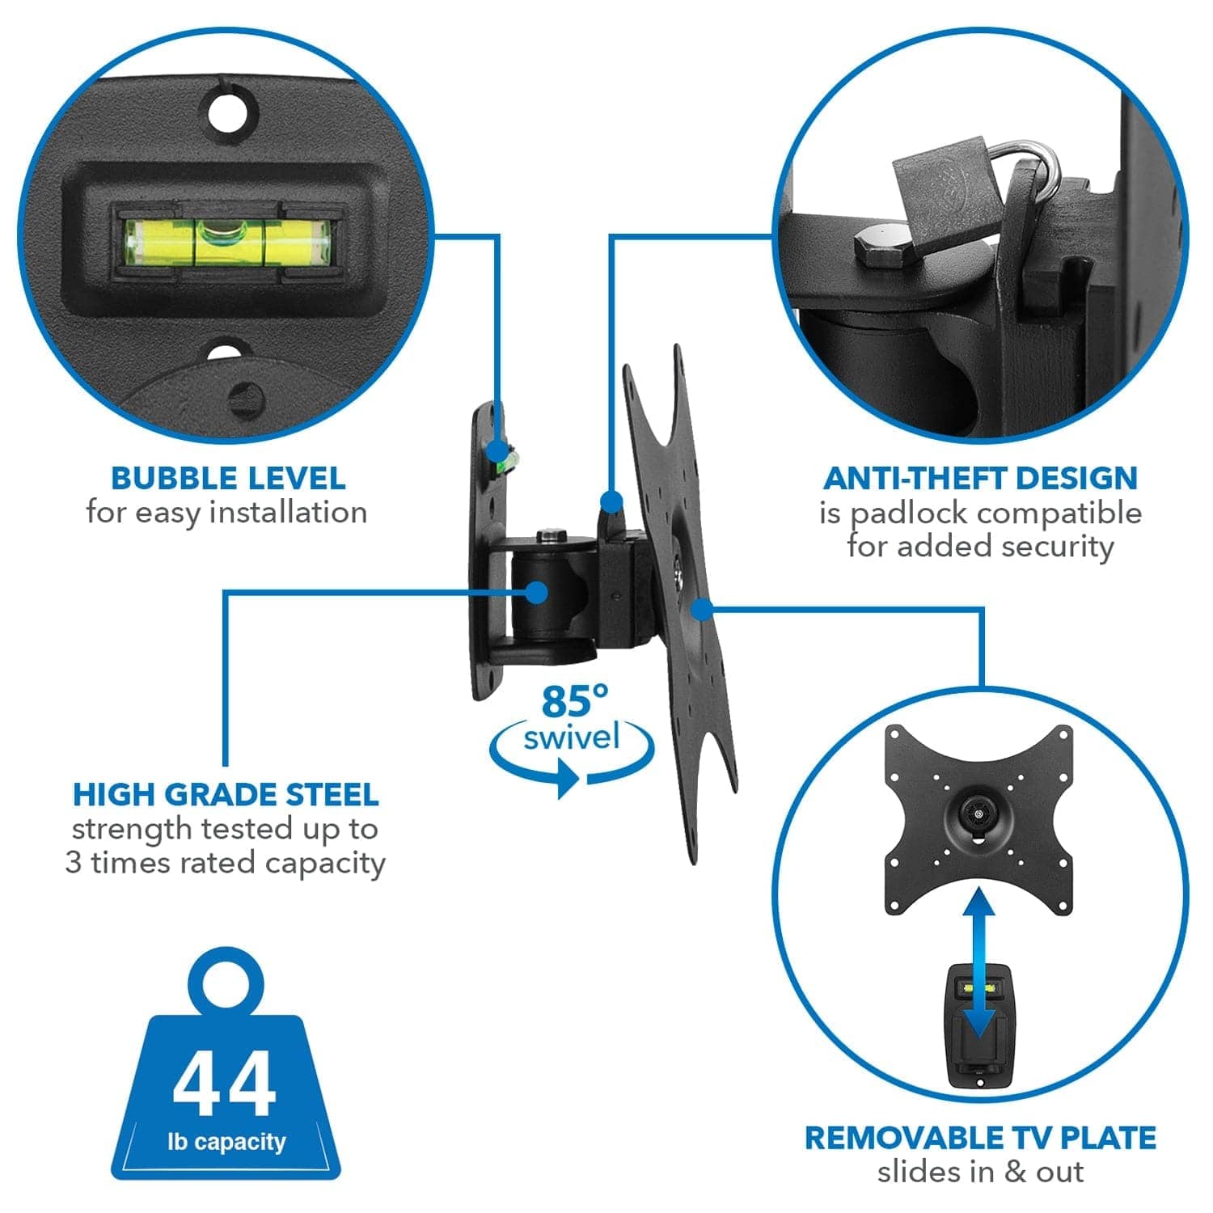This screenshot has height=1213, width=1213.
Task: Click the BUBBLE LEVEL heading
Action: [228, 478]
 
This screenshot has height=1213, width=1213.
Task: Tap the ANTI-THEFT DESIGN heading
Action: [980, 478]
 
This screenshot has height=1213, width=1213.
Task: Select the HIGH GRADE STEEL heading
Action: [226, 794]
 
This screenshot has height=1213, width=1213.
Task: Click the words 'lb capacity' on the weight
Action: [226, 1142]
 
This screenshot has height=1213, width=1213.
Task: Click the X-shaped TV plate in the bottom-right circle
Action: [979, 817]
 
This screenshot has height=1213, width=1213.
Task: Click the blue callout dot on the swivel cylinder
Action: [536, 592]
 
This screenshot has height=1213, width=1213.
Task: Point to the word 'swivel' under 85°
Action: [572, 738]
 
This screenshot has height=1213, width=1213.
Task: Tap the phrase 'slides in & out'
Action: [980, 1172]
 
